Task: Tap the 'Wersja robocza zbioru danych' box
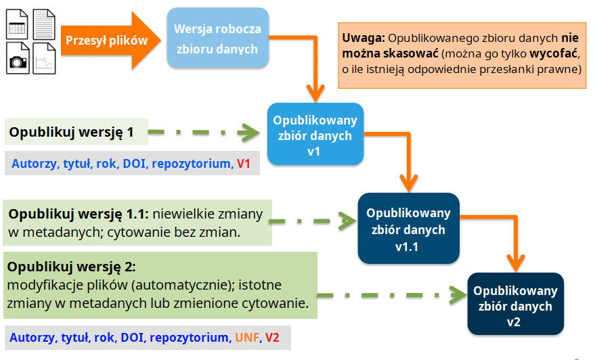(x=217, y=39)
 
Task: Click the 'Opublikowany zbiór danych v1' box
(x=315, y=135)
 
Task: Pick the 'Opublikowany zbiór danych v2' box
(x=515, y=306)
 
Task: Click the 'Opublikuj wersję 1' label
(x=71, y=132)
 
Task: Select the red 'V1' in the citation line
(x=244, y=164)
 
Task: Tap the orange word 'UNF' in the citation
(x=246, y=337)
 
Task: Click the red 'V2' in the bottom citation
(x=272, y=337)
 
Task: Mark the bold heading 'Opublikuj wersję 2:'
(x=72, y=266)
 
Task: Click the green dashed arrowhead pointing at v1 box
(x=253, y=132)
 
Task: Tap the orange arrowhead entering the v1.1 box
(x=408, y=183)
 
